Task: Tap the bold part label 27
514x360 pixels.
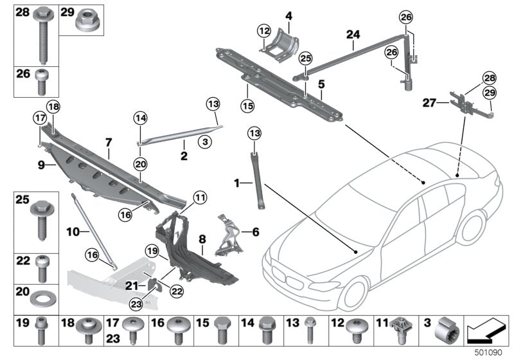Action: tap(429, 102)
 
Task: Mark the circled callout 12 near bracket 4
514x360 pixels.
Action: tap(264, 30)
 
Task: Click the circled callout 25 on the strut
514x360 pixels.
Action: tap(306, 59)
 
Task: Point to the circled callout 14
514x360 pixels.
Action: tap(141, 118)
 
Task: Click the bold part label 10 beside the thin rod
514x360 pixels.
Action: tap(73, 229)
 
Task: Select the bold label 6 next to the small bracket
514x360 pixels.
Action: tap(254, 231)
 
